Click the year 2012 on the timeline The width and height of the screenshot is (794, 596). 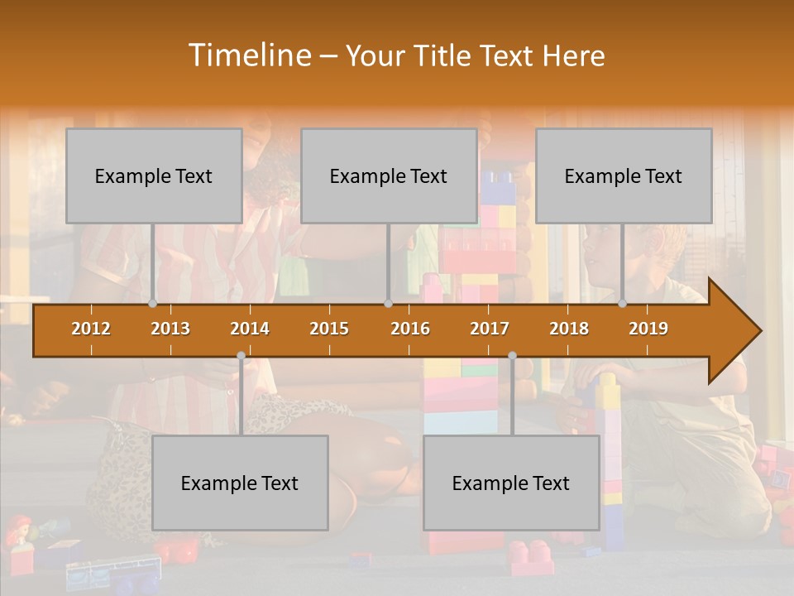[x=91, y=329]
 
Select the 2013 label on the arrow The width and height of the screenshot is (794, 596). [x=170, y=329]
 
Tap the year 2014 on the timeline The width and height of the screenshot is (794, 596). [x=250, y=329]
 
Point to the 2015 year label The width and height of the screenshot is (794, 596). [x=329, y=329]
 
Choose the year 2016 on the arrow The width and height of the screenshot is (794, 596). [x=410, y=329]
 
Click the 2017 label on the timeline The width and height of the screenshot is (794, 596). [x=490, y=329]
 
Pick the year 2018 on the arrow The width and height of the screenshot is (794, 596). [x=569, y=329]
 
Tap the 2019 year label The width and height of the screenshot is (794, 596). [x=648, y=329]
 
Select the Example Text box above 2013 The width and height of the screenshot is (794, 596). [x=154, y=175]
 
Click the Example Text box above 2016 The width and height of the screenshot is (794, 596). [x=389, y=175]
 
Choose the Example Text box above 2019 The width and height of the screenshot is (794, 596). [x=624, y=175]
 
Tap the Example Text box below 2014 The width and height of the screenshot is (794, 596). [x=240, y=483]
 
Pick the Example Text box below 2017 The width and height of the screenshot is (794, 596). [x=511, y=483]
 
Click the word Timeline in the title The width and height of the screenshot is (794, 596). [x=248, y=55]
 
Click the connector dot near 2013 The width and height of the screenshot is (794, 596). [x=153, y=304]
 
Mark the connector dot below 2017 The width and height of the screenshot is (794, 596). [x=512, y=356]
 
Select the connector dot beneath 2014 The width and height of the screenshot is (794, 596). [x=241, y=356]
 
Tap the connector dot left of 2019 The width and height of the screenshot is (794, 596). [x=623, y=304]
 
